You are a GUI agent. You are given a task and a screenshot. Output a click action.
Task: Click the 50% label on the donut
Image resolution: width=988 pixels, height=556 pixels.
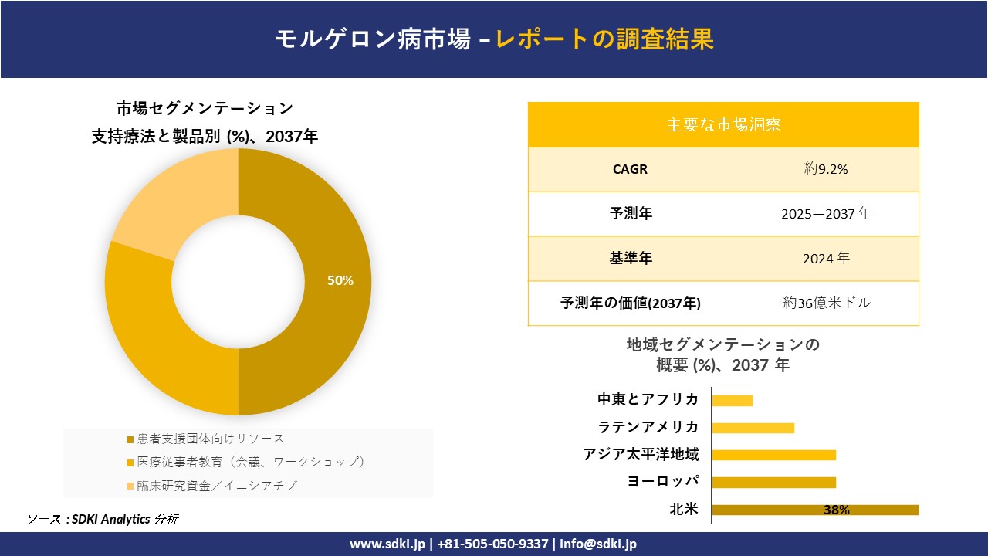[x=340, y=281]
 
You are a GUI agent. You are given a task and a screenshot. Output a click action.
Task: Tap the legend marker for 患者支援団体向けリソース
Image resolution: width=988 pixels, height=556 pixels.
[x=130, y=439]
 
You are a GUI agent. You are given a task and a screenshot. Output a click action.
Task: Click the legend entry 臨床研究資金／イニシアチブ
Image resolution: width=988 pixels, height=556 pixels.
[x=216, y=486]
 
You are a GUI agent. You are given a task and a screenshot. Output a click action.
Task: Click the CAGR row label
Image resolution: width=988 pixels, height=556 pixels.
[x=630, y=169]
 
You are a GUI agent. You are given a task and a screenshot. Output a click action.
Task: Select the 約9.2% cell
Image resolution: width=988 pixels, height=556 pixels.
[x=826, y=169]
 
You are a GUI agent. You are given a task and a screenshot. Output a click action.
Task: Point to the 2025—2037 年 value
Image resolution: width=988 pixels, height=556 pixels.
[x=826, y=214]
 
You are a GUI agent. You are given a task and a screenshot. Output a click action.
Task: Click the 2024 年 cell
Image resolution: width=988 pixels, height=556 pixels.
[x=826, y=259]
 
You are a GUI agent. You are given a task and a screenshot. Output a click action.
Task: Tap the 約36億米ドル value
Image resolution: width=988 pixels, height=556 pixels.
[x=826, y=303]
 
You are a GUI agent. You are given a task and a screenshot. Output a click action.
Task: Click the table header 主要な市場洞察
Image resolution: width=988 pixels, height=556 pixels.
[x=723, y=124]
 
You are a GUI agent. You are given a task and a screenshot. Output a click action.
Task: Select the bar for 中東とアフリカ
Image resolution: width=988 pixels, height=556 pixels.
[x=732, y=400]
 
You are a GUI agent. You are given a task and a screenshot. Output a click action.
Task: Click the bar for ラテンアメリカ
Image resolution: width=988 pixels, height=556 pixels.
[x=753, y=428]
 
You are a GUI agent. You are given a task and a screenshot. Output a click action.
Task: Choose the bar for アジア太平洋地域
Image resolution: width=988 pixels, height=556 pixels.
[x=773, y=455]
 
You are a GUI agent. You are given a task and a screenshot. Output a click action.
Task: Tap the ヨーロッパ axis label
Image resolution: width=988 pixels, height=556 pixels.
[x=663, y=482]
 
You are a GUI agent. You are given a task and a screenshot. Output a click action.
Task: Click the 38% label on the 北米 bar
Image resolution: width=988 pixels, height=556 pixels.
[x=836, y=510]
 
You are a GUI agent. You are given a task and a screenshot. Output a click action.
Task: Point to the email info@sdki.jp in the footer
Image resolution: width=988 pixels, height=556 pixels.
[x=599, y=544]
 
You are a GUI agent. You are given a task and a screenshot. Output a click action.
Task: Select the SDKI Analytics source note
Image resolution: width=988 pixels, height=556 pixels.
[x=103, y=519]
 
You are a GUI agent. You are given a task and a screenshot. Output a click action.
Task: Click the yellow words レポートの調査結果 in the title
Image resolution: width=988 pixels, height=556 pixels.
[x=604, y=39]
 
